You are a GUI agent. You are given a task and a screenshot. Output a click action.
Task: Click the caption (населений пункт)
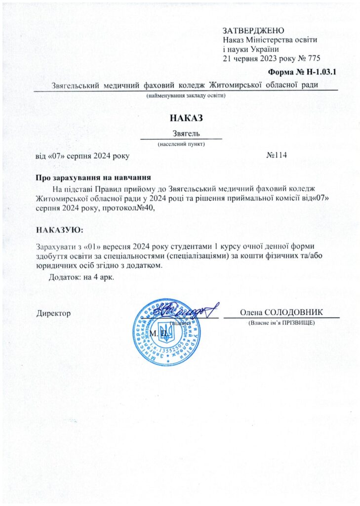tap(181, 144)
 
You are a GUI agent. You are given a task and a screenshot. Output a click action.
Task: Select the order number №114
tap(277, 156)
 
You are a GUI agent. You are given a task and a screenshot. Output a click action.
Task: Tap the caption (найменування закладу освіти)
tap(186, 94)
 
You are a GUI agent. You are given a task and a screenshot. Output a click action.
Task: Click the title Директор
tap(54, 313)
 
